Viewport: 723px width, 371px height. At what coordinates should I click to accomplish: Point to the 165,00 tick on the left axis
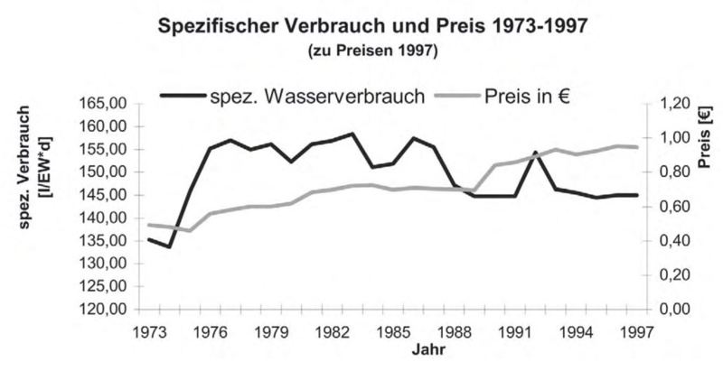tap(107, 103)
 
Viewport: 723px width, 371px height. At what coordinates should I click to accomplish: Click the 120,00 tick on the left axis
tap(107, 310)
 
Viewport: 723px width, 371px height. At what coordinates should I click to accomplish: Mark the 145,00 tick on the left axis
tap(107, 195)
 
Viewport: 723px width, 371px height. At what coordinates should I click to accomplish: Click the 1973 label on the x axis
tap(148, 330)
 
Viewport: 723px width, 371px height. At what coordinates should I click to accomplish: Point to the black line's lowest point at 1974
tap(169, 246)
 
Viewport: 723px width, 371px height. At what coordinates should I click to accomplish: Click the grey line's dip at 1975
tap(189, 230)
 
